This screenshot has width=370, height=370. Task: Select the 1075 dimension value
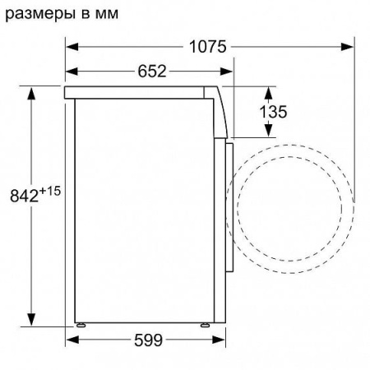pos(206,47)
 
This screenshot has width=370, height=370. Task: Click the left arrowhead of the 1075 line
pos(70,48)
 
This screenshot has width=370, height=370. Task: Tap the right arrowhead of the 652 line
pos(227,72)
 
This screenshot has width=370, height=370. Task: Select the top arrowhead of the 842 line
pos(33,89)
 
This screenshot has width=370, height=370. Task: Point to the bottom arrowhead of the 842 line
pos(33,321)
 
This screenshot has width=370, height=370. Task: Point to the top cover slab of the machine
pos(140,90)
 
